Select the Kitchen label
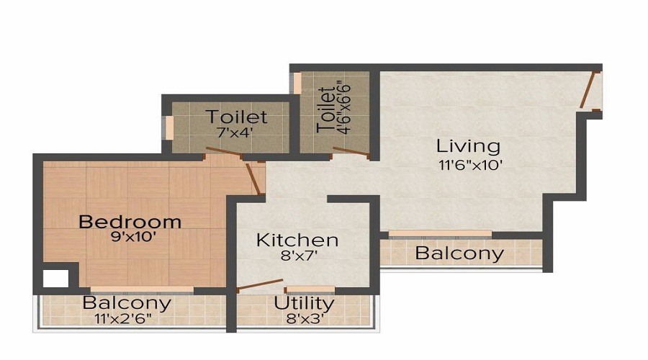coord(297,240)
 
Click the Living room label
coord(468,146)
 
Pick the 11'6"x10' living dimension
coord(469,164)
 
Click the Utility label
coord(303,302)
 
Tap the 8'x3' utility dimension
coord(303,318)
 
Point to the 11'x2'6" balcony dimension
coord(127,318)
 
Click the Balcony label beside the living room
coord(459,253)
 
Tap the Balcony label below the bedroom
coord(127,302)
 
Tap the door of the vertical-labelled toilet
coord(351,152)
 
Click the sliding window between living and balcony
coord(440,234)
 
